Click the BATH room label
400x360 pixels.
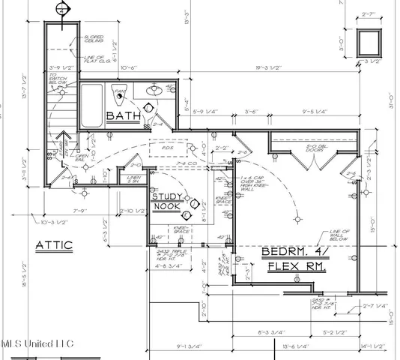pyautogui.click(x=121, y=116)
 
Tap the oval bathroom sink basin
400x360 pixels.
pyautogui.click(x=155, y=90)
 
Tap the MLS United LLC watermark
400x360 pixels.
pyautogui.click(x=37, y=343)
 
